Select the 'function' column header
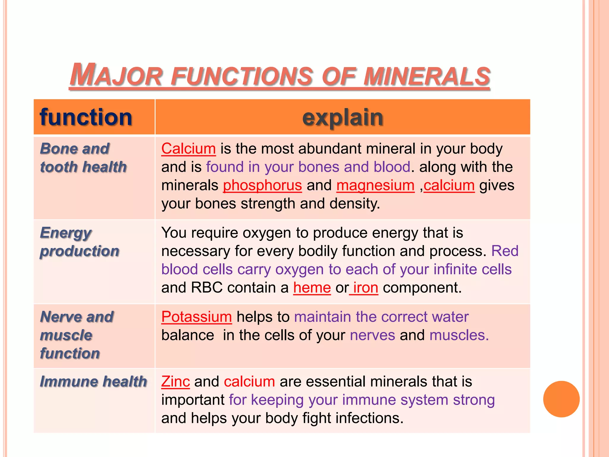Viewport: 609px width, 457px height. [x=86, y=117]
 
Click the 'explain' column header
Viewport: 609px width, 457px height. [x=343, y=117]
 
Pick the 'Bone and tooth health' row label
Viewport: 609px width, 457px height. [x=83, y=158]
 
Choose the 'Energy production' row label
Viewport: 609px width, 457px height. [x=80, y=242]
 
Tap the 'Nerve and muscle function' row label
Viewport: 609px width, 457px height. [x=77, y=335]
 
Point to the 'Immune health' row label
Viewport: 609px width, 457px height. [x=93, y=381]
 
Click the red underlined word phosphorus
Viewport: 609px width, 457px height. [x=262, y=185]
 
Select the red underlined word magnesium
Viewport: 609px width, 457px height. [x=375, y=185]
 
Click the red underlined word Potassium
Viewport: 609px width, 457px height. [x=197, y=317]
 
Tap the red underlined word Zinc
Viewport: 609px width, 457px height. [x=175, y=381]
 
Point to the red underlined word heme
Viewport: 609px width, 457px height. [x=312, y=288]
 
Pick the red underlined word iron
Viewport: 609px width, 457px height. [x=365, y=288]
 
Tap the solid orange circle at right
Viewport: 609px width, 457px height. [x=561, y=399]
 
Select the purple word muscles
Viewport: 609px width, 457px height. [x=459, y=335]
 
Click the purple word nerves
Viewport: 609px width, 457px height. [x=372, y=335]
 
